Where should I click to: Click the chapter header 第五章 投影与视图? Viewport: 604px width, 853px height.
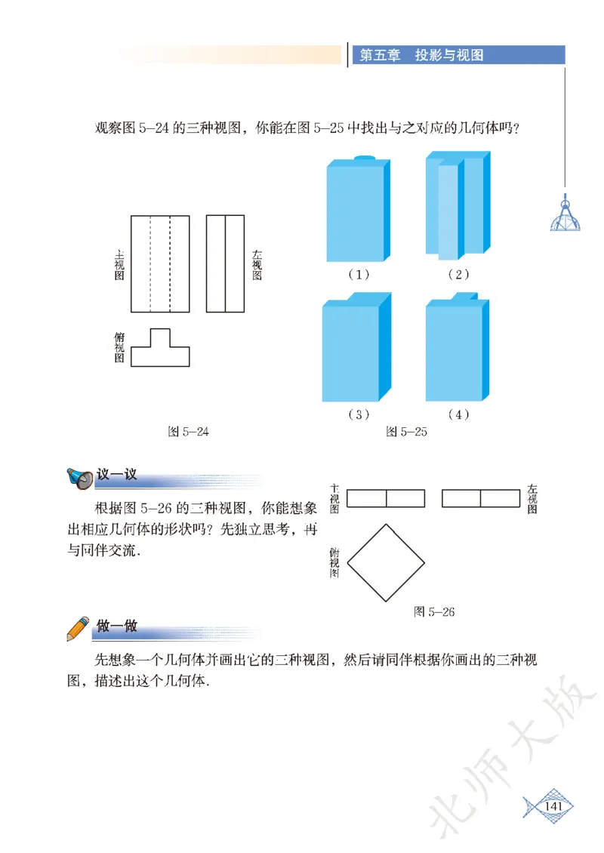pos(421,55)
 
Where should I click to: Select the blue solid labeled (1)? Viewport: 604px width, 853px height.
pos(358,211)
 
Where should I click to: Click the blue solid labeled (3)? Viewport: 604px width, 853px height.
pos(357,350)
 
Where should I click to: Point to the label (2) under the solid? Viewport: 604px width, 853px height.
pos(458,274)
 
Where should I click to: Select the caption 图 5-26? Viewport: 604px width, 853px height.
pos(434,611)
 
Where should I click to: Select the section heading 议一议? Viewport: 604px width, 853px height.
pos(117,476)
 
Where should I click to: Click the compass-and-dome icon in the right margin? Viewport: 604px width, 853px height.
pos(565,214)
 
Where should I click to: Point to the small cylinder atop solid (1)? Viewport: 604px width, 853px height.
pos(364,158)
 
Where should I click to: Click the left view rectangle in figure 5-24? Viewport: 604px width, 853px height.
pos(225,263)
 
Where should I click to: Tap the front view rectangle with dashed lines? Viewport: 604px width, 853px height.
pos(160,263)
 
